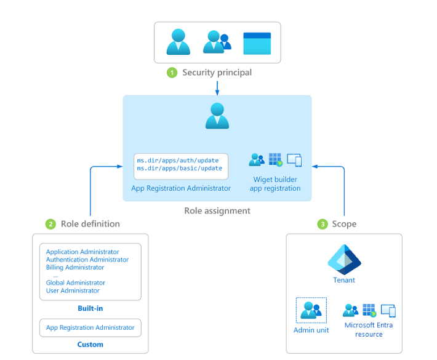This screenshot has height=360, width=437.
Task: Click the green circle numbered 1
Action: (x=172, y=73)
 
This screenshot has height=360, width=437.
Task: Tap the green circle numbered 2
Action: (x=50, y=224)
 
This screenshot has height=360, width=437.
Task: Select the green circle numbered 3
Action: (x=322, y=224)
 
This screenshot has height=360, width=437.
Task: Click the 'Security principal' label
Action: (x=217, y=73)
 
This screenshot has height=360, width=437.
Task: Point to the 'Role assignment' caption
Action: (x=217, y=210)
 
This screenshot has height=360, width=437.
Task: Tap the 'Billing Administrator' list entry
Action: (x=75, y=268)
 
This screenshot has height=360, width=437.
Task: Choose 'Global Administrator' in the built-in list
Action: (x=75, y=283)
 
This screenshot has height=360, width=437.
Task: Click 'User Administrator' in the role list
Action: (x=73, y=290)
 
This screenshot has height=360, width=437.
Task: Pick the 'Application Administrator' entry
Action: (x=82, y=252)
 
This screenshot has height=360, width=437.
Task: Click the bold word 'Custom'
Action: (x=90, y=345)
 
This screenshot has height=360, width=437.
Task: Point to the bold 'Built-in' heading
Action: (x=90, y=308)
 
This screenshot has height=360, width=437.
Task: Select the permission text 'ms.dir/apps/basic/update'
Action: (x=179, y=168)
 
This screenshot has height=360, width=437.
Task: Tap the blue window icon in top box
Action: (x=257, y=43)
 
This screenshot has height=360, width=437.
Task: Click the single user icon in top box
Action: (x=178, y=42)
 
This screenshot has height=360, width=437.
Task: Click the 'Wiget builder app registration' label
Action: (x=275, y=184)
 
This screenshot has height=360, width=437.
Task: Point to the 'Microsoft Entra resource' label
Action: (x=369, y=329)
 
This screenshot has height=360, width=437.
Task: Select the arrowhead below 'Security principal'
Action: (x=217, y=93)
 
